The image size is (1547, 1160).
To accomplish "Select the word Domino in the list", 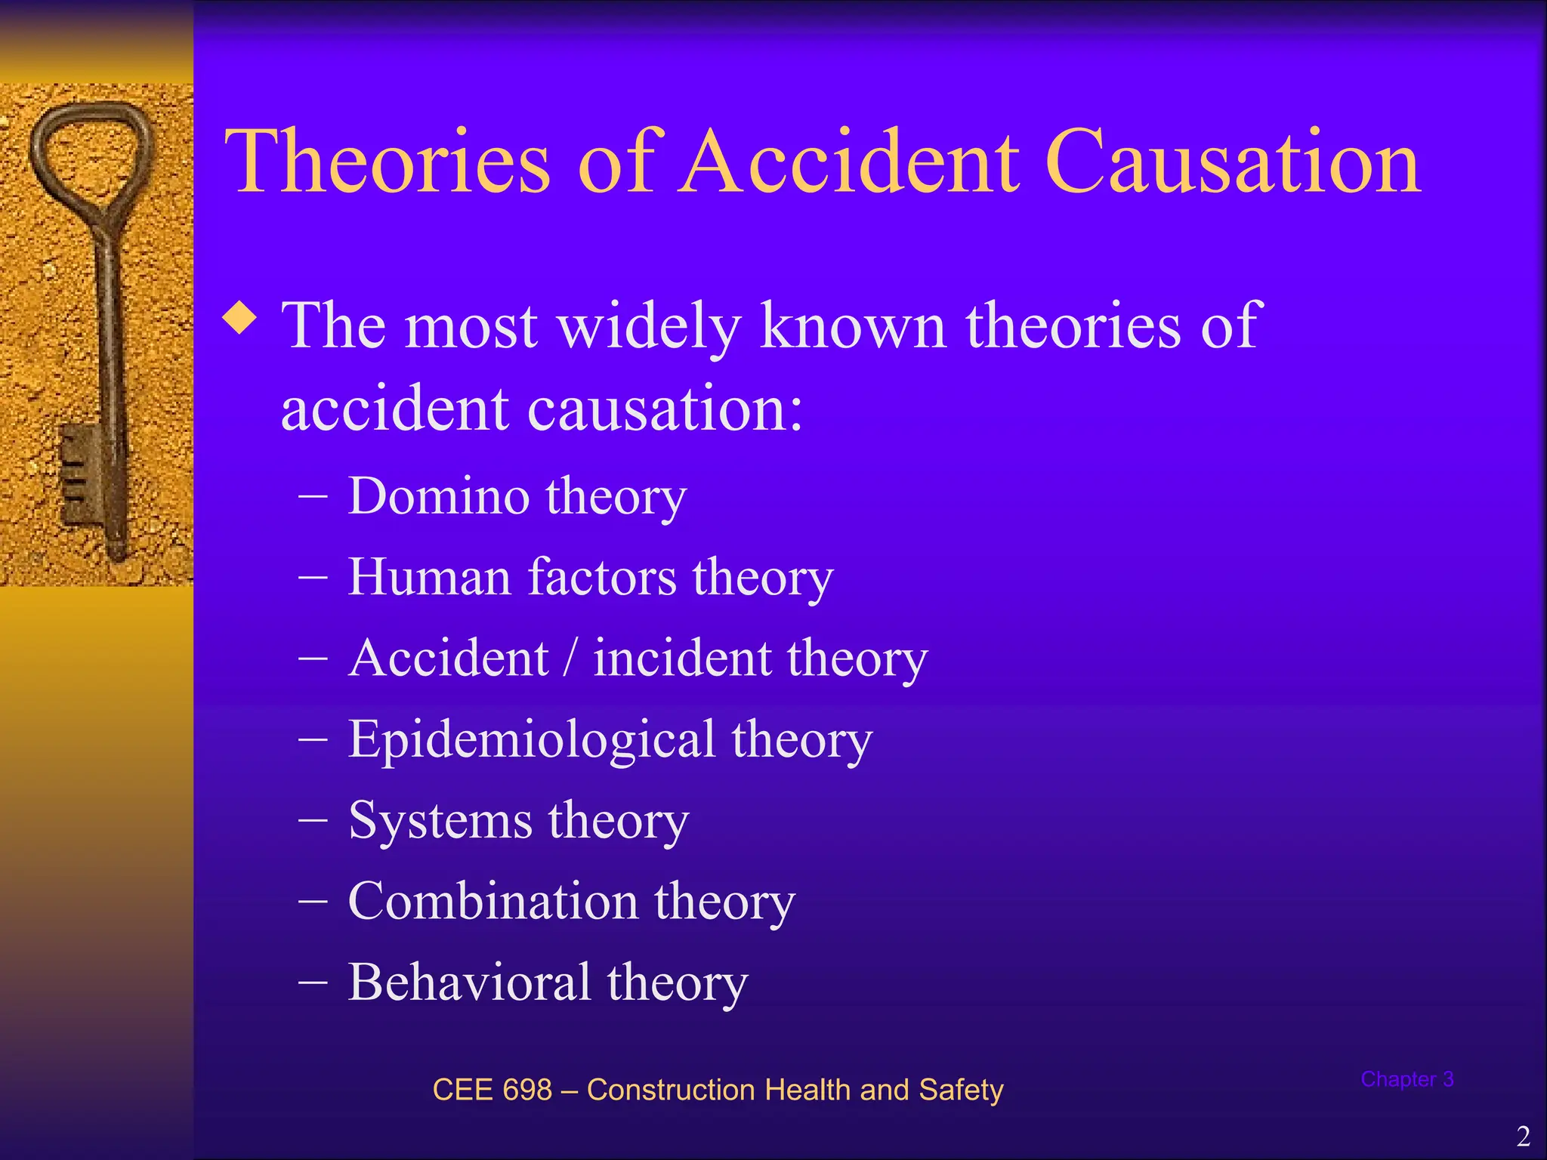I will tap(438, 496).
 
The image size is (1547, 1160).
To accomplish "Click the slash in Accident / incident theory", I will tap(571, 658).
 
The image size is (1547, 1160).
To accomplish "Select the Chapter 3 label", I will tap(1407, 1079).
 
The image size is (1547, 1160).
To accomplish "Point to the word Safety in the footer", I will tap(961, 1090).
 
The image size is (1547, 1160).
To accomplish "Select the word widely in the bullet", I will tap(649, 326).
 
